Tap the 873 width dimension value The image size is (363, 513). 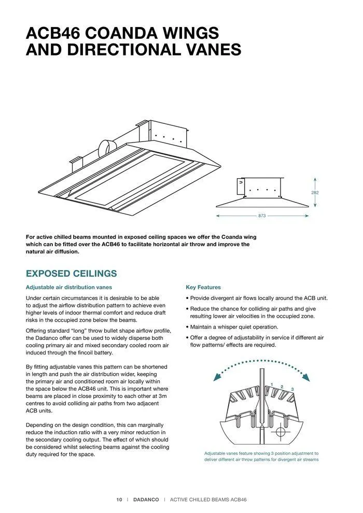click(262, 216)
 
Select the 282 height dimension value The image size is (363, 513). click(315, 193)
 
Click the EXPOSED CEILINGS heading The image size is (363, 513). click(71, 274)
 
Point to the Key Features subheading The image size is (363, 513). click(203, 287)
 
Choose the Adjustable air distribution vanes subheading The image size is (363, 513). click(69, 287)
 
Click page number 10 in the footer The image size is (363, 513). click(119, 500)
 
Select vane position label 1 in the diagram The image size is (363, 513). click(272, 384)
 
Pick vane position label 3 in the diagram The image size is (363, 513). click(292, 389)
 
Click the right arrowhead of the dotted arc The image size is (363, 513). click(306, 378)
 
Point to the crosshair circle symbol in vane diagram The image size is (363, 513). click(281, 431)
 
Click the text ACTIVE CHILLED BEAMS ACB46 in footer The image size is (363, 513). click(208, 500)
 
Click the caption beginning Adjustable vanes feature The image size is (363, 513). click(261, 456)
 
